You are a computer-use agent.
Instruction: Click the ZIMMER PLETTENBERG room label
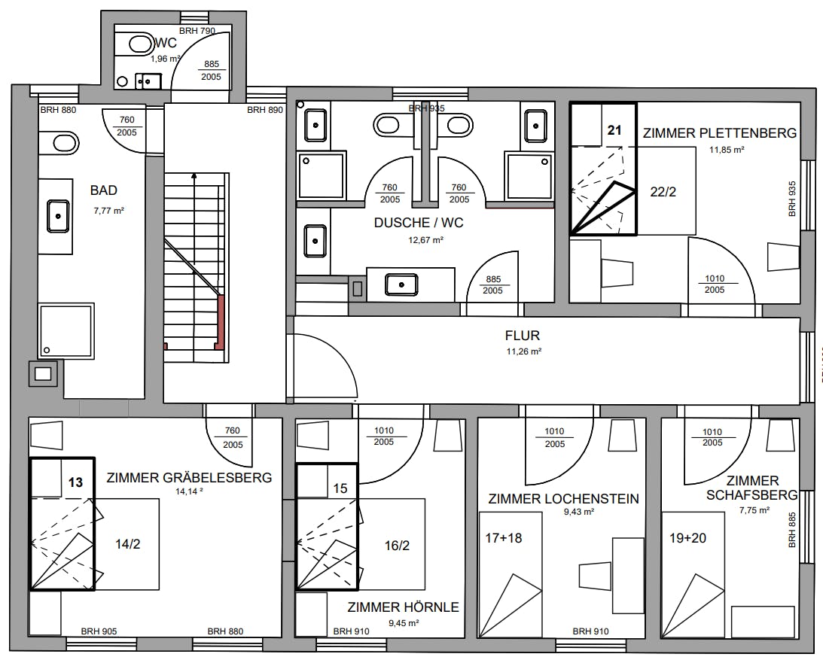720,133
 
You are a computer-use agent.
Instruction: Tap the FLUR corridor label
523,335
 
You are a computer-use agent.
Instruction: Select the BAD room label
103,190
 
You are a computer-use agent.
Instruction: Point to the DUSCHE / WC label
419,223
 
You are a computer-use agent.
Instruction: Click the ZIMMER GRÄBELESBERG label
189,478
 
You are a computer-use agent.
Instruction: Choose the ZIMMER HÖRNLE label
403,607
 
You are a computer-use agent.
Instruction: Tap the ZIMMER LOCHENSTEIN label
564,499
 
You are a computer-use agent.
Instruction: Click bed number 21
614,130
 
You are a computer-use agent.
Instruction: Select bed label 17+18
503,538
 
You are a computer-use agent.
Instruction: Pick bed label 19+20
687,538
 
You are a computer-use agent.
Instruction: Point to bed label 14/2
127,544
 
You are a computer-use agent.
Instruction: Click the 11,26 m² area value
524,351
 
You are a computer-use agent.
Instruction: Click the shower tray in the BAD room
66,330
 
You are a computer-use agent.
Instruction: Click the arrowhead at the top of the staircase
194,176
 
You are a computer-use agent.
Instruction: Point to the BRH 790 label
197,31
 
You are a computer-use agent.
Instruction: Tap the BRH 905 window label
99,631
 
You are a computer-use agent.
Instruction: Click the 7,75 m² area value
754,510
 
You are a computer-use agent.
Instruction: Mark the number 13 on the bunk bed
75,482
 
